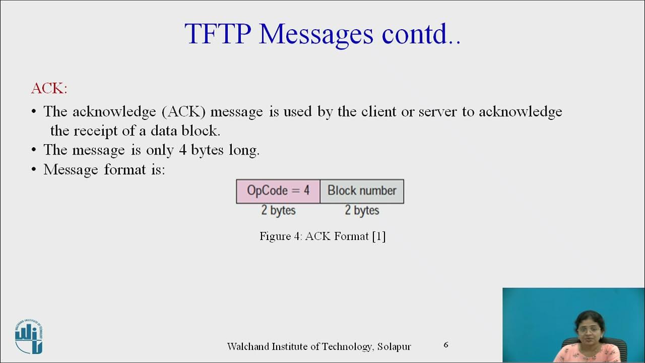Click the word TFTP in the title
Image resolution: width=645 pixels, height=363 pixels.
(218, 34)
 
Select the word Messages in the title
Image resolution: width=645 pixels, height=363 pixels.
(316, 34)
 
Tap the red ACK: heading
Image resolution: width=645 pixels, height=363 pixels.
(49, 89)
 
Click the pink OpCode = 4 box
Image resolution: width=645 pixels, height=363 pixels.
(278, 191)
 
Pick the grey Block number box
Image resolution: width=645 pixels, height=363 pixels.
(362, 191)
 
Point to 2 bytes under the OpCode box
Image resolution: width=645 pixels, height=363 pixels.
(278, 210)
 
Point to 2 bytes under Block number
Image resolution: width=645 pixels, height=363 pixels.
(362, 210)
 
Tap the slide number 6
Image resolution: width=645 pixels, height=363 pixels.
(446, 345)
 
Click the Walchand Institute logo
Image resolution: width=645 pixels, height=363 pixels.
(29, 337)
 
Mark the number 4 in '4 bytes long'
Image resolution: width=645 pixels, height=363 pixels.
(183, 150)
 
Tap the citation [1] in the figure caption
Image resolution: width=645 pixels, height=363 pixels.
(379, 236)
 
